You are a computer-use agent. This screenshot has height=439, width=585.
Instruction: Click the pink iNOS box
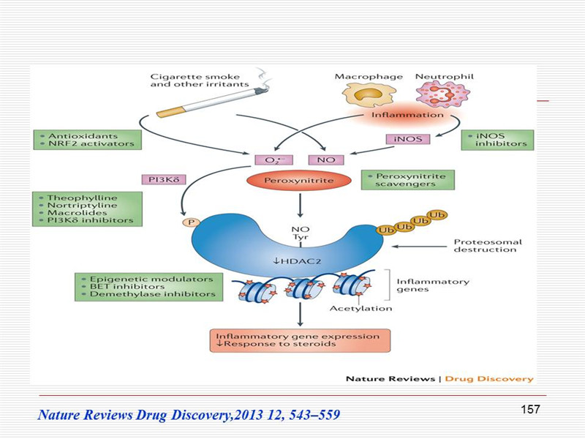pos(408,139)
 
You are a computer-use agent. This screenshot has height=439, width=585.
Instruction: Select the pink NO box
pos(326,160)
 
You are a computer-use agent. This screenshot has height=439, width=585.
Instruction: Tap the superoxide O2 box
pos(273,160)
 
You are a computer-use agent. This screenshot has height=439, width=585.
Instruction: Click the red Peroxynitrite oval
pos(299,181)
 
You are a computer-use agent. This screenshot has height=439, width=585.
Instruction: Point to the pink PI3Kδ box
pos(164,179)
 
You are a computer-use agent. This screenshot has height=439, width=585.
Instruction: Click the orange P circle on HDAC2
pos(191,223)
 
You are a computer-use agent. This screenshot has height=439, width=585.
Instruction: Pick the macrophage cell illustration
pos(369,95)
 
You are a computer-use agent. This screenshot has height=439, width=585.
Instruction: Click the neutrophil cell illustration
pos(443,94)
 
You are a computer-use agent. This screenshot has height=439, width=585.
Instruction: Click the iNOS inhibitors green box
pos(497,140)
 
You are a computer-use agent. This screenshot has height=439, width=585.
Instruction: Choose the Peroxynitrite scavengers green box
pos(408,180)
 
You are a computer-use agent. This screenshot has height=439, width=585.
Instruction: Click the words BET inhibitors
pos(127,287)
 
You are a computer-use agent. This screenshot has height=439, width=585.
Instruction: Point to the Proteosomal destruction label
pos(488,246)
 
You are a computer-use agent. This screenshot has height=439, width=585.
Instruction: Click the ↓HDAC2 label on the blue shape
pos(298,261)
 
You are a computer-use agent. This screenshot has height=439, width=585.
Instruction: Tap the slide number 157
pos(530,410)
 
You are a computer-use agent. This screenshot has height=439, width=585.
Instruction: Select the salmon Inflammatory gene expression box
pos(300,340)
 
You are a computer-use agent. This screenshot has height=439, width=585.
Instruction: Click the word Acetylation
pos(361,309)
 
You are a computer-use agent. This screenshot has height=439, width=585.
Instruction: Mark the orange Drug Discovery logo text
pos(489,379)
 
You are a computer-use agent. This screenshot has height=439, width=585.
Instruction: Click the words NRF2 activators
pos(91,143)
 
